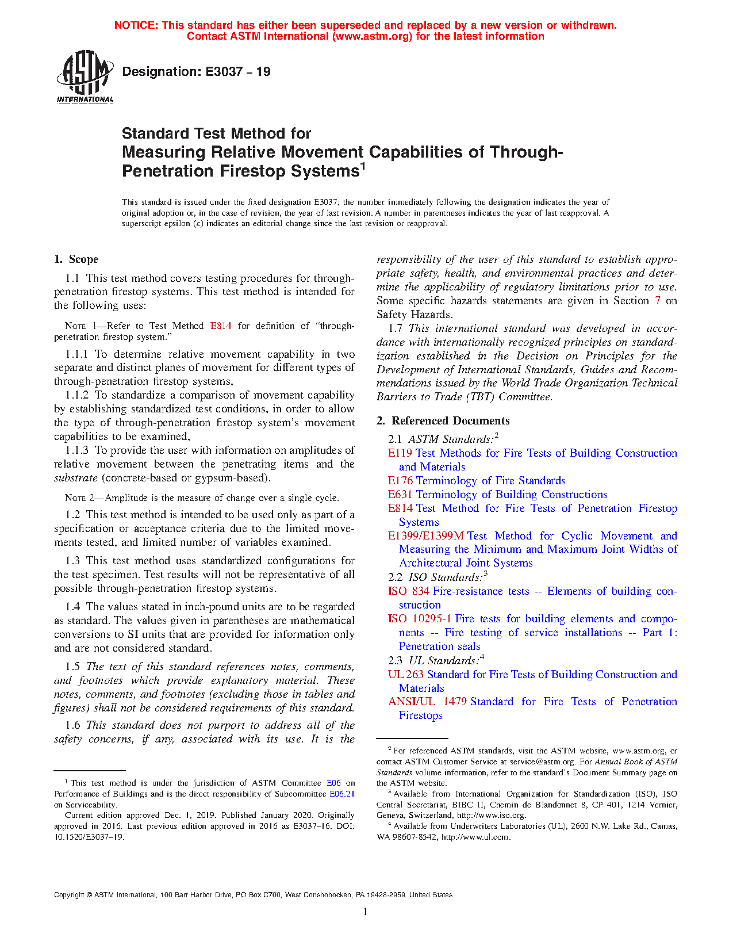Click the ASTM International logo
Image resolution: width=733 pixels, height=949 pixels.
pyautogui.click(x=85, y=76)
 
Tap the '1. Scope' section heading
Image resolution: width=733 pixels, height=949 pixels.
pyautogui.click(x=76, y=259)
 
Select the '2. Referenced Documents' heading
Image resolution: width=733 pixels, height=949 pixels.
pyautogui.click(x=443, y=421)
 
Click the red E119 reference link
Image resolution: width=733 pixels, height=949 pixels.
pyautogui.click(x=400, y=453)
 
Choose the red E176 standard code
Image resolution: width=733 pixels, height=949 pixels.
pyautogui.click(x=400, y=481)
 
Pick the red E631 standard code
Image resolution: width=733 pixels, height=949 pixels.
pyautogui.click(x=400, y=495)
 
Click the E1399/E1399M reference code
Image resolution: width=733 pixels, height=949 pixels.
pyautogui.click(x=426, y=536)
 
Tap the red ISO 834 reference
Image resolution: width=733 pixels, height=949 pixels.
pyautogui.click(x=409, y=591)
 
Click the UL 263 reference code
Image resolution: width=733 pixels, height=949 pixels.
pyautogui.click(x=405, y=674)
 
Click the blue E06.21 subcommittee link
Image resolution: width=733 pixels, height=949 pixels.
pyautogui.click(x=341, y=794)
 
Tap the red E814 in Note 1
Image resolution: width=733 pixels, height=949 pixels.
pyautogui.click(x=221, y=326)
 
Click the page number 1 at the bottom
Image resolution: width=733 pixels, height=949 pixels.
pyautogui.click(x=366, y=912)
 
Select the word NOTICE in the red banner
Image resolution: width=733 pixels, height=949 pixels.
pyautogui.click(x=136, y=25)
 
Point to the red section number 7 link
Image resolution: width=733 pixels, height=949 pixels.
pyautogui.click(x=658, y=301)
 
